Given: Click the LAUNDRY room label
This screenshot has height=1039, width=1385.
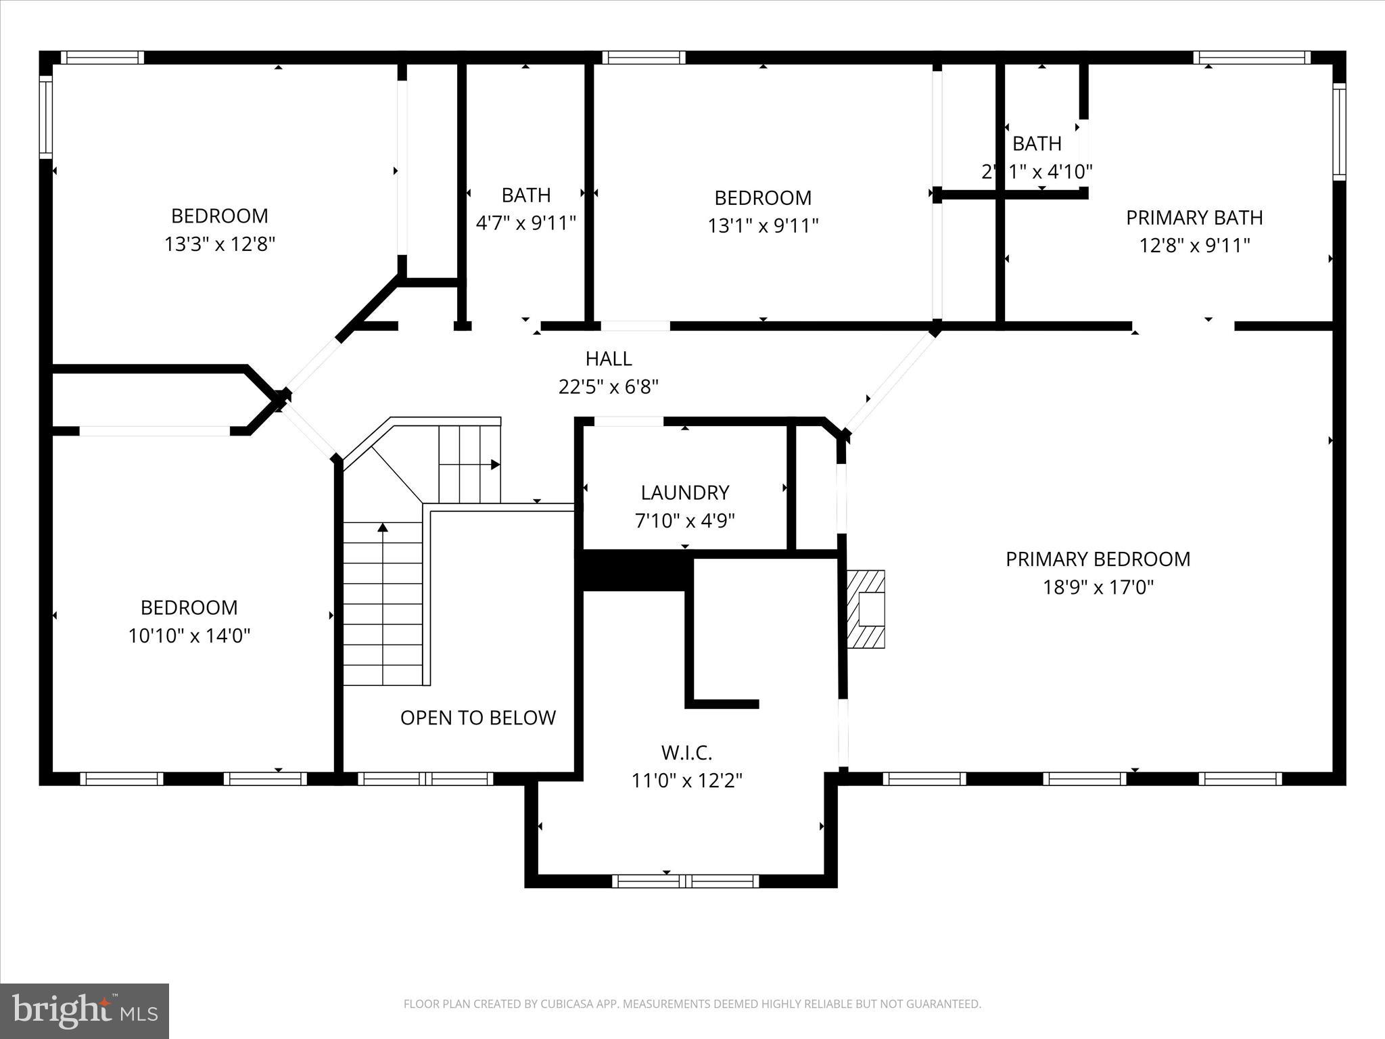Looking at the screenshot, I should pyautogui.click(x=684, y=492).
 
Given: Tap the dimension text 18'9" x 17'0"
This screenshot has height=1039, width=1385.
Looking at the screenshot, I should pyautogui.click(x=1098, y=587).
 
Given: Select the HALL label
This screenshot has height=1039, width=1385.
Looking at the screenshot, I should pyautogui.click(x=609, y=359).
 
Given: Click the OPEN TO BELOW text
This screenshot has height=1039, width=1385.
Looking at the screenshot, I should pyautogui.click(x=477, y=718).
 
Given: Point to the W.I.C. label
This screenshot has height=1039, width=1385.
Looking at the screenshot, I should pyautogui.click(x=686, y=752).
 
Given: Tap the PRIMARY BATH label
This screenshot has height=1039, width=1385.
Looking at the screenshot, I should pyautogui.click(x=1194, y=218).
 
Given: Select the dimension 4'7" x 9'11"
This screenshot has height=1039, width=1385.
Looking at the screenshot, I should pyautogui.click(x=525, y=223).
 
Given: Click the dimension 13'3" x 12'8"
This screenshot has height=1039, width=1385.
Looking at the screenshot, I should pyautogui.click(x=219, y=244).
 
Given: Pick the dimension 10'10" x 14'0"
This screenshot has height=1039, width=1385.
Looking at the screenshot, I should pyautogui.click(x=189, y=636).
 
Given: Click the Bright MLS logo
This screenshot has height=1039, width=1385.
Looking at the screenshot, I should pyautogui.click(x=85, y=1011).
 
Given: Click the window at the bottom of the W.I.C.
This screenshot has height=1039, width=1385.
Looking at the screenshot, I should pyautogui.click(x=685, y=881).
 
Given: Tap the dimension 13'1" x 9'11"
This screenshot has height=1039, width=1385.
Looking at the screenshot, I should pyautogui.click(x=763, y=226).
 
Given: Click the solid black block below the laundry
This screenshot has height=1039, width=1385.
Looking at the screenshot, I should pyautogui.click(x=634, y=570).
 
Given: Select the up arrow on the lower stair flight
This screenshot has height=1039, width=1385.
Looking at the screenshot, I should pyautogui.click(x=383, y=528).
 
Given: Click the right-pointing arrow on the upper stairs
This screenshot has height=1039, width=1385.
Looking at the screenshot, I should pyautogui.click(x=495, y=465).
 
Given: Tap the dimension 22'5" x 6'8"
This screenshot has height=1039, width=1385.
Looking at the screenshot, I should pyautogui.click(x=609, y=387).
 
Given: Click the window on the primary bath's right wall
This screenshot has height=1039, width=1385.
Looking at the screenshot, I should pyautogui.click(x=1338, y=131).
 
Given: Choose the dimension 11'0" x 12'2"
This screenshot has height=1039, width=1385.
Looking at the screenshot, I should pyautogui.click(x=686, y=781).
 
